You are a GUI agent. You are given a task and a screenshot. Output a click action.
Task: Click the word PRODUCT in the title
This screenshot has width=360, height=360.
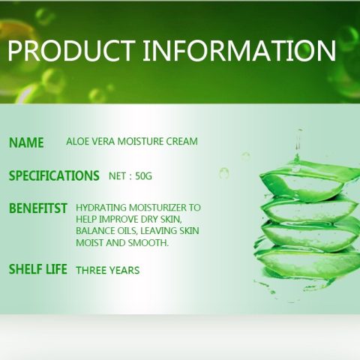(71, 50)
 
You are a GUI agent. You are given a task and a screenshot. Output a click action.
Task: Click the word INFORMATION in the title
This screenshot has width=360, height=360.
(239, 50)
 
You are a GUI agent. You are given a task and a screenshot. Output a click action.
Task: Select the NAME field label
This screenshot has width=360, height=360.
(26, 142)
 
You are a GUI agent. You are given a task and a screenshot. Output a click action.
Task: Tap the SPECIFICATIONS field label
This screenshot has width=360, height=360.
(54, 175)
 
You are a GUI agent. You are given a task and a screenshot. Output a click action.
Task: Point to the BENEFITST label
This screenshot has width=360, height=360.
(38, 208)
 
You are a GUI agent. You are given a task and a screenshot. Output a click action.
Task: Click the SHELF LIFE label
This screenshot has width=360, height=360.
(38, 269)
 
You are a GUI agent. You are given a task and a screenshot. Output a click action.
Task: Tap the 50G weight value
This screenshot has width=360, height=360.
(143, 176)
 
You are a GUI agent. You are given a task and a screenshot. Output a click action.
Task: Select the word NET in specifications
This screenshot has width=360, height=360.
(117, 176)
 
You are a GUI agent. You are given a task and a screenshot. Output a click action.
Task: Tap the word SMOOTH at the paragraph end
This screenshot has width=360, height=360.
(148, 243)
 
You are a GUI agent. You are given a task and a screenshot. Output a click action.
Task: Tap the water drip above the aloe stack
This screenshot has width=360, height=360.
(298, 141)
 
